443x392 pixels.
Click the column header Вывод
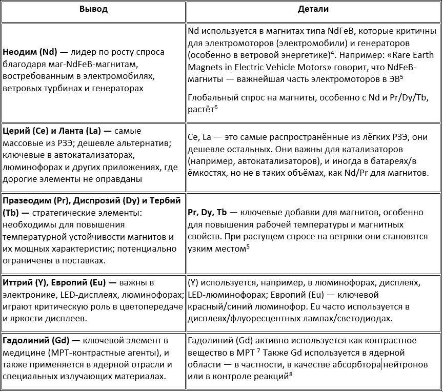pyautogui.click(x=93, y=9)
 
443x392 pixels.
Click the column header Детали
pyautogui.click(x=313, y=9)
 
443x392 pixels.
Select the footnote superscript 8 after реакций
pyautogui.click(x=291, y=374)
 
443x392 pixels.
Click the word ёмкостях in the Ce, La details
pyautogui.click(x=206, y=173)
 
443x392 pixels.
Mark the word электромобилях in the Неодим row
pyautogui.click(x=122, y=76)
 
